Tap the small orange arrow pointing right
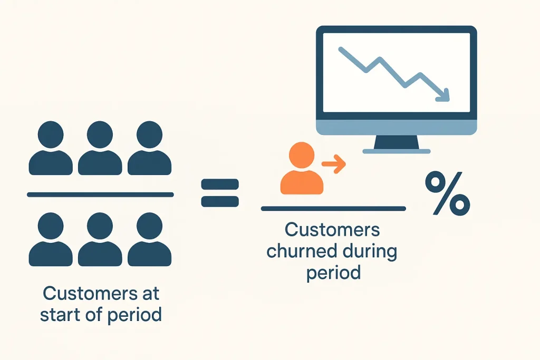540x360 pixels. pyautogui.click(x=333, y=164)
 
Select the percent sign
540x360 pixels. pyautogui.click(x=447, y=195)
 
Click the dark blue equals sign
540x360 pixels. pyautogui.click(x=220, y=193)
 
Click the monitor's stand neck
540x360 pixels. pyautogui.click(x=396, y=141)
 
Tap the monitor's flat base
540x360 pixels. pyautogui.click(x=396, y=151)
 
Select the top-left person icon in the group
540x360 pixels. pyautogui.click(x=51, y=149)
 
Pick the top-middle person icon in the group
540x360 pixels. pyautogui.click(x=100, y=149)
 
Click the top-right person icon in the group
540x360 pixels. pyautogui.click(x=149, y=149)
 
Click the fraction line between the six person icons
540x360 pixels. pyautogui.click(x=100, y=194)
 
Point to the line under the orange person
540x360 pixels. pyautogui.click(x=333, y=209)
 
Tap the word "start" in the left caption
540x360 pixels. pyautogui.click(x=63, y=315)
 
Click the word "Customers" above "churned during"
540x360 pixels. pyautogui.click(x=332, y=230)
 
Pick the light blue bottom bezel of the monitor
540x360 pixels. pyautogui.click(x=396, y=127)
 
